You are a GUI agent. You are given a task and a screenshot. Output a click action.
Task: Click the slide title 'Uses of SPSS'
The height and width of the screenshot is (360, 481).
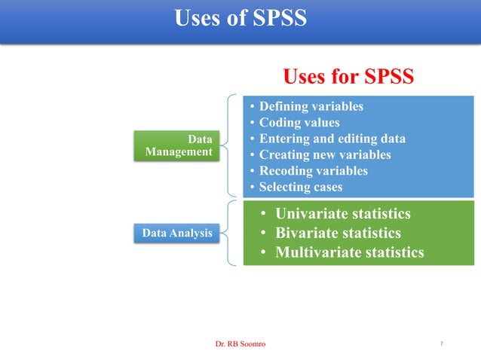(x=240, y=17)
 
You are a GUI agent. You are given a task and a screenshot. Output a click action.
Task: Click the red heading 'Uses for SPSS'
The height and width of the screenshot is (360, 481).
(x=348, y=77)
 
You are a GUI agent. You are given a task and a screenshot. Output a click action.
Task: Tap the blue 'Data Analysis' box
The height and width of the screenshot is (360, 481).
(x=177, y=233)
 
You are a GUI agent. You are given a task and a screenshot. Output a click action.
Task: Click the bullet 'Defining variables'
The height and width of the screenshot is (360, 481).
(x=311, y=106)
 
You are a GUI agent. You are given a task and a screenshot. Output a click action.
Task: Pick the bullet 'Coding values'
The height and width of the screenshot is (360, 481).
(x=299, y=123)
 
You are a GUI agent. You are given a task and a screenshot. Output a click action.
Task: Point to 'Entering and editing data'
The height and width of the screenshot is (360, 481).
(x=332, y=139)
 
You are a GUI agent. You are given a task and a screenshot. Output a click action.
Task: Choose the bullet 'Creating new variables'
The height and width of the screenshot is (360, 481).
(x=325, y=154)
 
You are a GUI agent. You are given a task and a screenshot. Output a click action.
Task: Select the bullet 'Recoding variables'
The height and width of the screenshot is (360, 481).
(x=313, y=171)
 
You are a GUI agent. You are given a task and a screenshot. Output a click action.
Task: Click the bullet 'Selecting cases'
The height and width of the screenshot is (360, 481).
(x=301, y=187)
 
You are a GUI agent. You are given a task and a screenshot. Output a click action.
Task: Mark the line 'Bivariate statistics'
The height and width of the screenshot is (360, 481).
(x=338, y=233)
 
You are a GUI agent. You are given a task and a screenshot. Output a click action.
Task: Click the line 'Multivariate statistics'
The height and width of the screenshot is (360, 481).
(x=349, y=252)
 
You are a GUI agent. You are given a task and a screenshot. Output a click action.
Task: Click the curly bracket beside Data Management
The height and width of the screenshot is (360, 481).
(x=227, y=145)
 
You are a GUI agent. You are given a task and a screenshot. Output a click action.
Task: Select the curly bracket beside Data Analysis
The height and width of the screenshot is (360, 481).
(x=228, y=233)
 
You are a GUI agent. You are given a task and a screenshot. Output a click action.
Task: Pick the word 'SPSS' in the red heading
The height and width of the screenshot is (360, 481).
(x=388, y=77)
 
